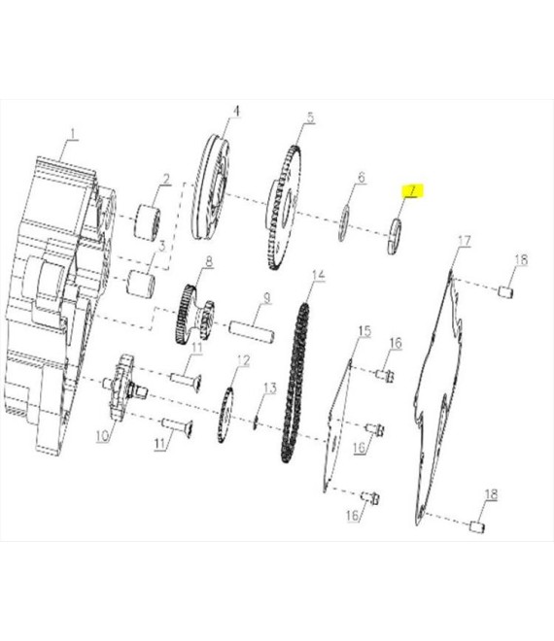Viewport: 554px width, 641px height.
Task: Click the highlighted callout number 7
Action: coord(412,190)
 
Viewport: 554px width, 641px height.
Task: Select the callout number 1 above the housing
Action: coord(73,134)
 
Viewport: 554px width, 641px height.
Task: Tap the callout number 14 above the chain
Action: coord(318,275)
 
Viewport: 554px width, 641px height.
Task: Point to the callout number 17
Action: coord(465,241)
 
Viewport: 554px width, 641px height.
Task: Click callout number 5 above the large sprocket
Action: coord(311,118)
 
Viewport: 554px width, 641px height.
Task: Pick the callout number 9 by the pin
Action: coord(266,297)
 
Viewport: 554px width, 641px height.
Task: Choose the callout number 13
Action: coord(270,388)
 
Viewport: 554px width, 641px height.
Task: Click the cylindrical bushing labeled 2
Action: coord(148,221)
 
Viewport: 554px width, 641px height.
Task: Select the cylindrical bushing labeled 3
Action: coord(140,283)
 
